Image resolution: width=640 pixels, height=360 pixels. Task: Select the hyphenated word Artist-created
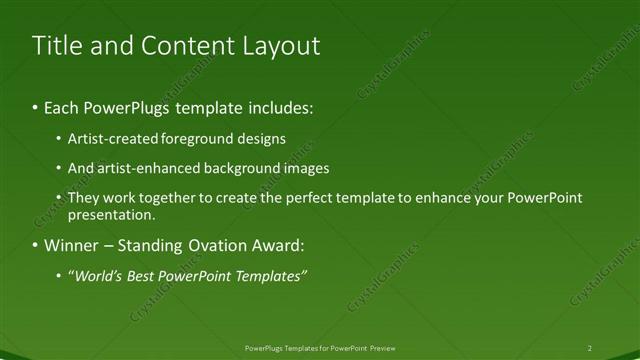click(x=110, y=138)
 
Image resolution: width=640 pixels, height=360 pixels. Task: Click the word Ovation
click(x=211, y=246)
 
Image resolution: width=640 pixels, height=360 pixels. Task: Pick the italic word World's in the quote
click(x=99, y=276)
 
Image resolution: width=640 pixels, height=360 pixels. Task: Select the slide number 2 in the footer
click(x=590, y=348)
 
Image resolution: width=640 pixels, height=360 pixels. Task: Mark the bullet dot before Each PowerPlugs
click(x=36, y=106)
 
